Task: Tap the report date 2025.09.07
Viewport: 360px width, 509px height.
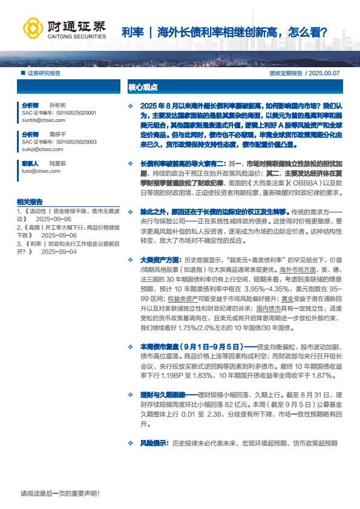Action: coord(326,73)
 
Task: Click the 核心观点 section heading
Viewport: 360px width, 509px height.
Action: coord(142,87)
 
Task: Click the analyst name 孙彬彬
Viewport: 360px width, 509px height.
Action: coord(57,105)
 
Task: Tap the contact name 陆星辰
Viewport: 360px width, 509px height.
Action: coord(57,163)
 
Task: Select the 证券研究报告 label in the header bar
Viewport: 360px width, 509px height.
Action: coord(44,73)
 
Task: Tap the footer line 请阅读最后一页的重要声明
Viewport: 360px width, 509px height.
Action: coord(60,493)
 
